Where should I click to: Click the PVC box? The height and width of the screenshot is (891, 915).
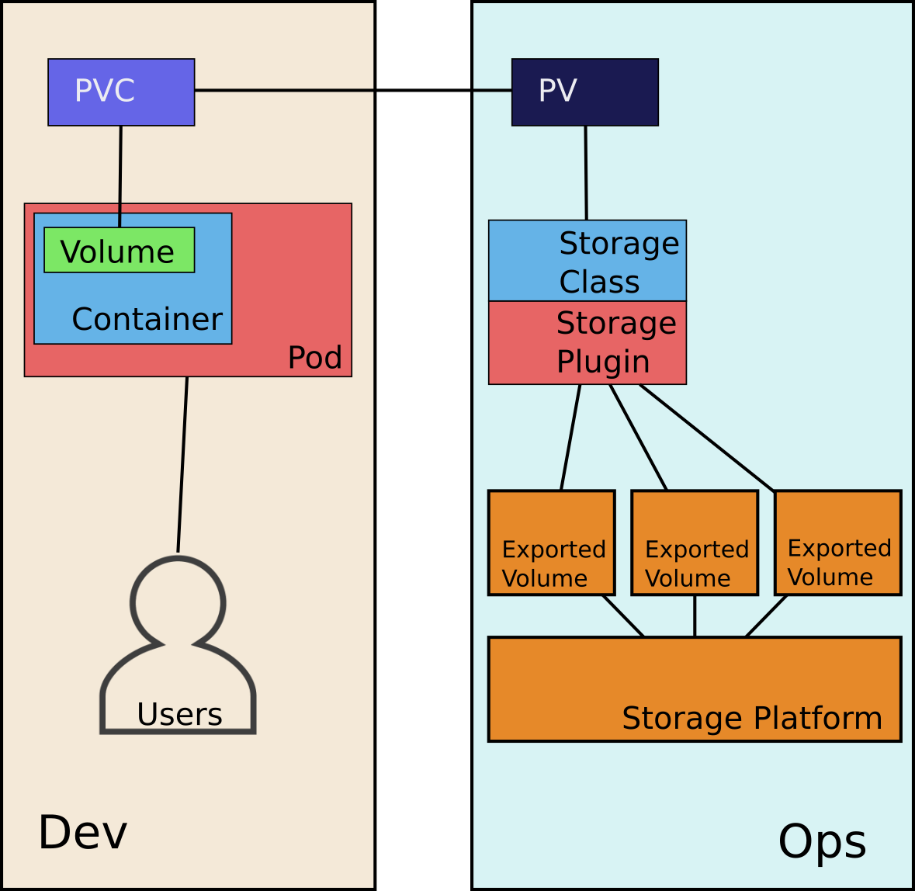click(x=121, y=92)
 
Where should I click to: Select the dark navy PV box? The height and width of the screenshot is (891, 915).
click(x=584, y=92)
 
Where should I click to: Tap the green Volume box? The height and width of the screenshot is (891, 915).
click(x=119, y=251)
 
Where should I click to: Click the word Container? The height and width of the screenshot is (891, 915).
click(x=147, y=319)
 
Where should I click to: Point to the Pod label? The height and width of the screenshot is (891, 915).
click(x=314, y=358)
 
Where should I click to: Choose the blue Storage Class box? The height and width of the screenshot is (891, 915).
click(x=587, y=261)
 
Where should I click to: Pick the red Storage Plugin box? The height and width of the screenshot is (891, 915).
click(x=587, y=343)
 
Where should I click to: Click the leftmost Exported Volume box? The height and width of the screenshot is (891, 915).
click(x=551, y=543)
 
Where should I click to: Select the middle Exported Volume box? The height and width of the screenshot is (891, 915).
click(x=695, y=543)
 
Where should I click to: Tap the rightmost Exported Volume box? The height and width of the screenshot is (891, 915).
click(x=837, y=543)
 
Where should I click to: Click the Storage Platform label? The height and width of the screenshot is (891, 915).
click(x=751, y=718)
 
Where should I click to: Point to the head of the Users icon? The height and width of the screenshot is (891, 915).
click(x=178, y=602)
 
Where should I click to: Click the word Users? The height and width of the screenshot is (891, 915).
click(x=179, y=714)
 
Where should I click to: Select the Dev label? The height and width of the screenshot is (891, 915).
click(x=82, y=833)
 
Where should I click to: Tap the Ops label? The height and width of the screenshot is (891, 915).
click(x=822, y=841)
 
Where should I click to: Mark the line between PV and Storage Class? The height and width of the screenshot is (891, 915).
click(x=586, y=172)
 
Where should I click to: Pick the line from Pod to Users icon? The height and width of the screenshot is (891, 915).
click(x=182, y=464)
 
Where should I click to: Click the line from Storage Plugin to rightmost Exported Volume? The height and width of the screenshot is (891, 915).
click(x=706, y=438)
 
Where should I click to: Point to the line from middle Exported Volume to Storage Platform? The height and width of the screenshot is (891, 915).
click(x=695, y=616)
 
